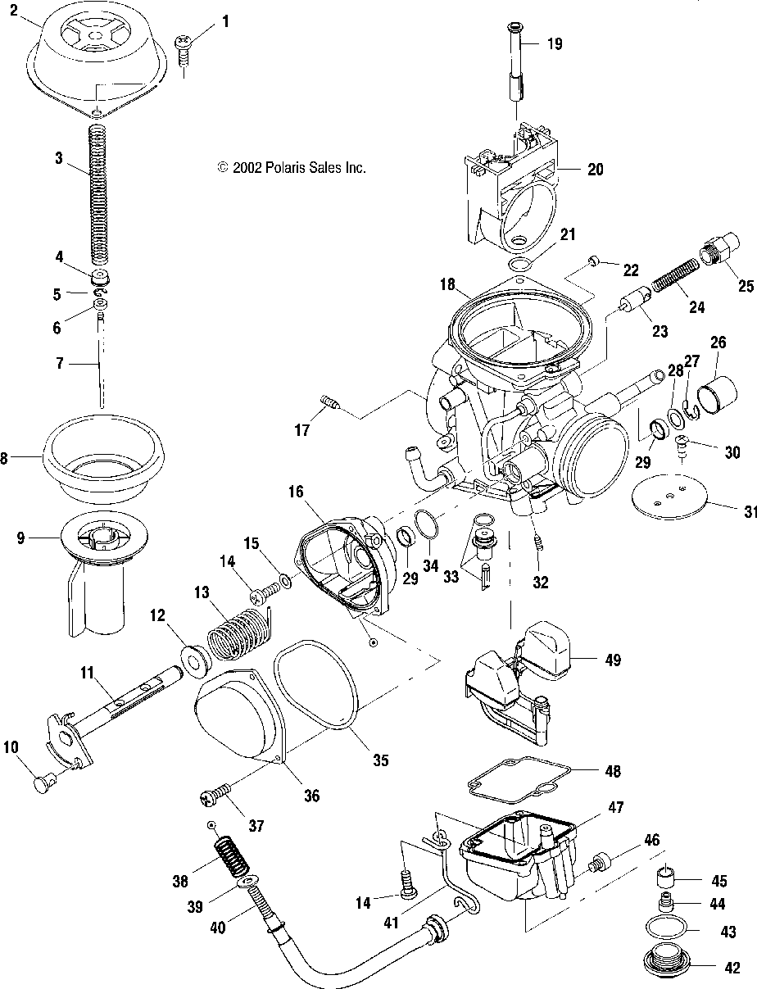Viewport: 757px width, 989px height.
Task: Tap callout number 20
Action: click(596, 170)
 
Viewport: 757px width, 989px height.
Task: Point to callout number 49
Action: click(614, 660)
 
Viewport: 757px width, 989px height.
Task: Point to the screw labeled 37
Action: click(216, 795)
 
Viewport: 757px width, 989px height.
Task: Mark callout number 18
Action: click(447, 284)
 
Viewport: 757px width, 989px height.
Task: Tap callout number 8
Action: click(3, 458)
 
